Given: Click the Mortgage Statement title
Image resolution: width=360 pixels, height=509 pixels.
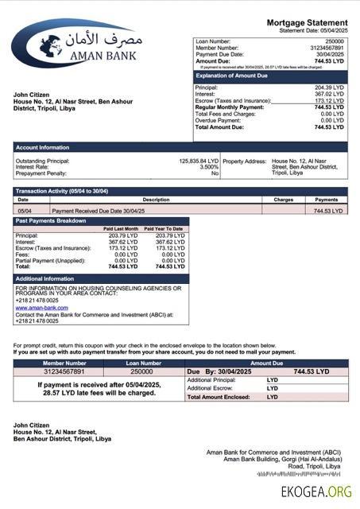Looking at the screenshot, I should [x=307, y=22].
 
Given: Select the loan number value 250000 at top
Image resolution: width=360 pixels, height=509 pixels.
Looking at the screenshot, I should [x=335, y=40].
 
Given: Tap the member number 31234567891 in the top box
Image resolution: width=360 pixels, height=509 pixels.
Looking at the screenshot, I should [x=327, y=47].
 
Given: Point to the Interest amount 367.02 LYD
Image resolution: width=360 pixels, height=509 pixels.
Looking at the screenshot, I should [x=329, y=94].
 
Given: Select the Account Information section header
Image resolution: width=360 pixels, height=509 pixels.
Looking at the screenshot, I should [x=43, y=147].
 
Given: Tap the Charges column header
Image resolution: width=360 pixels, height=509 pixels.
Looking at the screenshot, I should [x=283, y=200].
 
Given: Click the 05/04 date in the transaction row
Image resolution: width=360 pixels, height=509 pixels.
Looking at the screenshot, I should [x=24, y=211].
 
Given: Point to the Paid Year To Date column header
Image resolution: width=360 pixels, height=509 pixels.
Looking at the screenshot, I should [x=164, y=229].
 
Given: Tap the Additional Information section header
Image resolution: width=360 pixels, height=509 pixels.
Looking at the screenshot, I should [x=45, y=279].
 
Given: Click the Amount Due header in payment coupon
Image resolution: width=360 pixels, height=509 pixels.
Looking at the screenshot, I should [x=266, y=363].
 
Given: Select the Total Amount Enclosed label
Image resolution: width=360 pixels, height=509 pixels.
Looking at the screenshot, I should [x=219, y=396].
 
